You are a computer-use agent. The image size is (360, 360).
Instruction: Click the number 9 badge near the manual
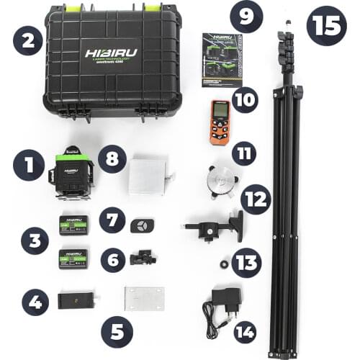click(x=246, y=17)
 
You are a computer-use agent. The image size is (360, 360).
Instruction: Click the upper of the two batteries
click(x=73, y=225)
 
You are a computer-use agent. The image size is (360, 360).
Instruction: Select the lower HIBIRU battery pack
click(x=73, y=258)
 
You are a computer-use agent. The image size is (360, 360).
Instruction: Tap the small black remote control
click(x=139, y=224)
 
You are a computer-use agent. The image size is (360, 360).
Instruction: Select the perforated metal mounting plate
click(x=144, y=298)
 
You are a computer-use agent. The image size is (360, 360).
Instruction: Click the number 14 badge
click(x=245, y=332)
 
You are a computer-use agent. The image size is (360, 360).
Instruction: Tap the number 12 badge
click(x=256, y=199)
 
